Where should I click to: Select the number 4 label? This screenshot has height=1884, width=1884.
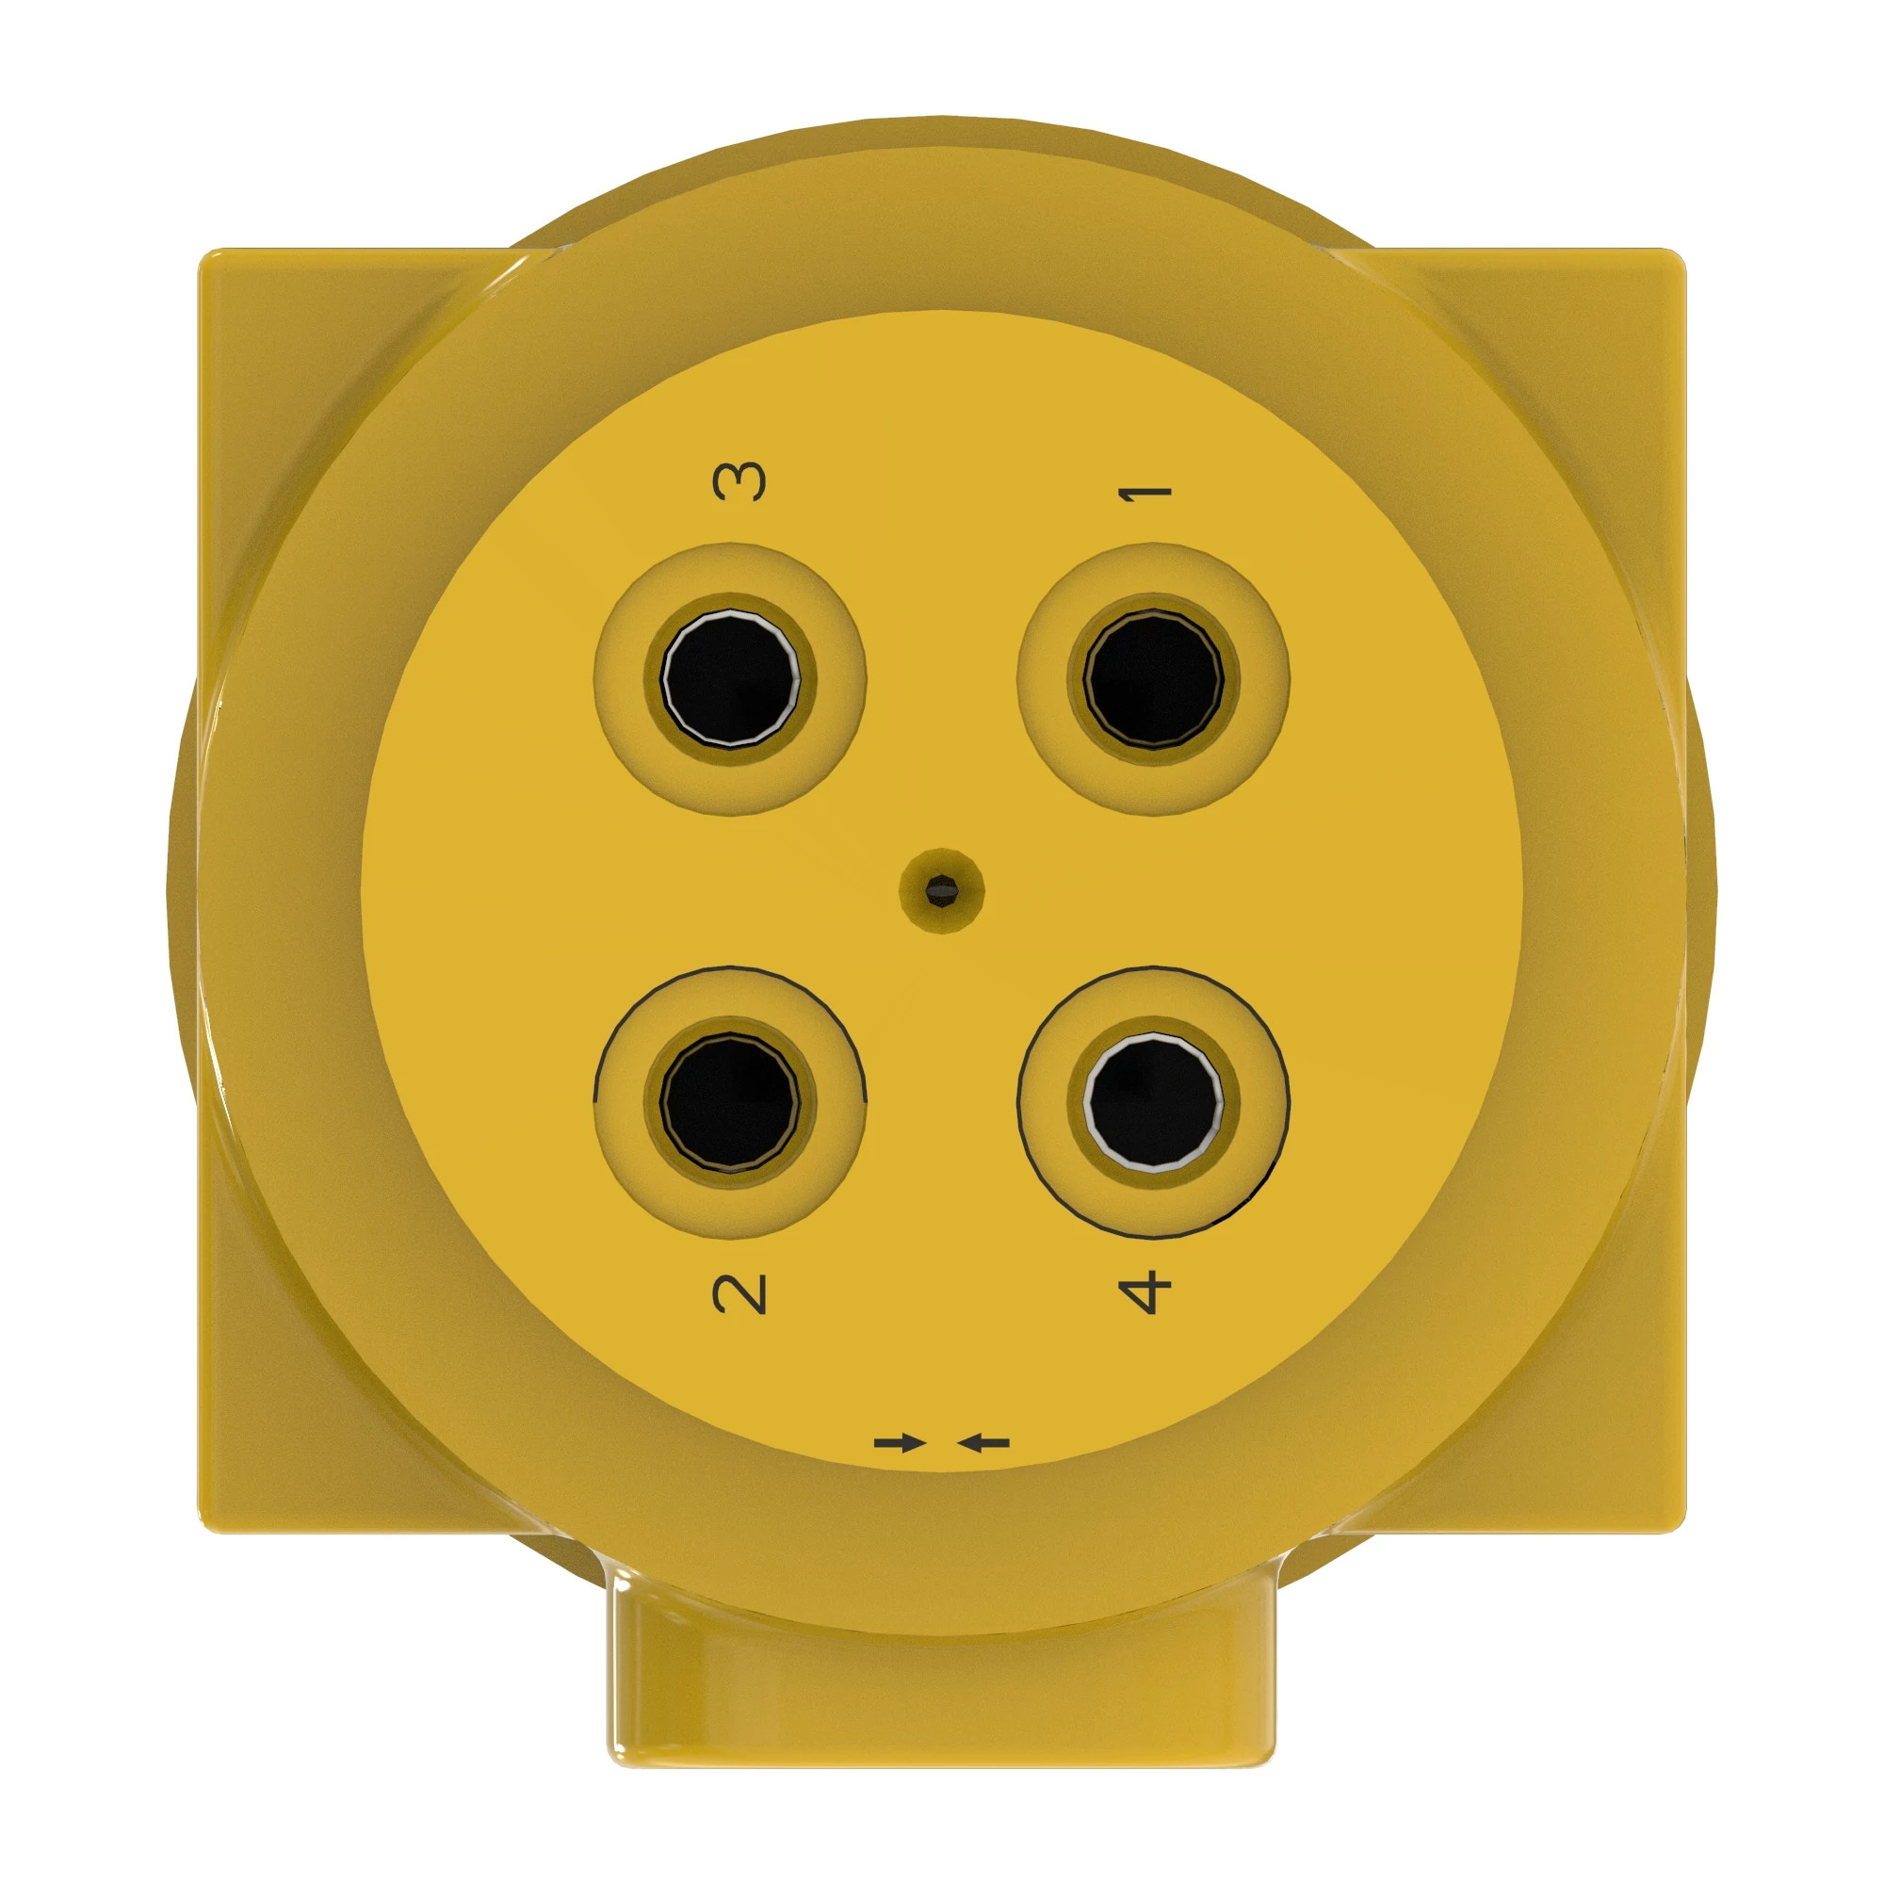click(1145, 1291)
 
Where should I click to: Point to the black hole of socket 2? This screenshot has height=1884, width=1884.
click(729, 1102)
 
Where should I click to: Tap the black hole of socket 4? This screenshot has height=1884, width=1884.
click(1154, 1102)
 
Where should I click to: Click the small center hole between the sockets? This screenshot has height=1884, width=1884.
click(942, 888)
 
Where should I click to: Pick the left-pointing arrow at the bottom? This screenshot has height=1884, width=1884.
click(983, 1442)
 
